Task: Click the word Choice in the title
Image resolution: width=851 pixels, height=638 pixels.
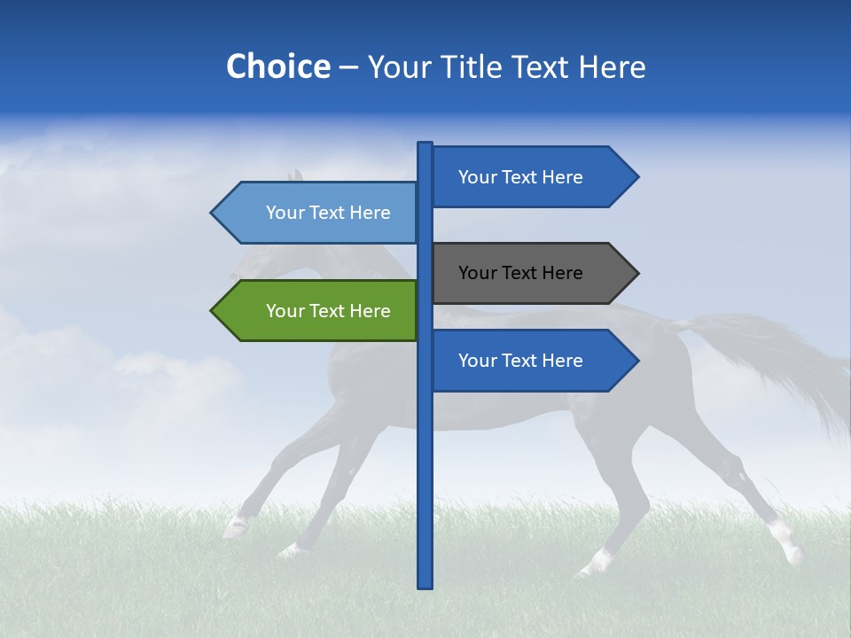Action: click(277, 66)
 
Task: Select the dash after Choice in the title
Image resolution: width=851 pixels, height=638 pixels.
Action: click(348, 67)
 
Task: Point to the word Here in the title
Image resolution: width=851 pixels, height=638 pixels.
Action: click(612, 66)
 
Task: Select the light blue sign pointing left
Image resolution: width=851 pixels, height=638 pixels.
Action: click(319, 213)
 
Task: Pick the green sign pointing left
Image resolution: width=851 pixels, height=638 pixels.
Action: click(319, 311)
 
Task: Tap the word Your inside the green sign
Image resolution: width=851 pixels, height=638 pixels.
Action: click(285, 311)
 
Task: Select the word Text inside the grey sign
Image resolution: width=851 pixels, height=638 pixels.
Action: click(520, 273)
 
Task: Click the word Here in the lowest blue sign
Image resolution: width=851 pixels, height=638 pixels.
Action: click(562, 361)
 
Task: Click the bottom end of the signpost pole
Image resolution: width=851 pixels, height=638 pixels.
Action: click(425, 585)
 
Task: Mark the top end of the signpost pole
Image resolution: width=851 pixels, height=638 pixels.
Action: click(425, 144)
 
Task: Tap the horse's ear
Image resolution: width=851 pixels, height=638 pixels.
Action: click(296, 175)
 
